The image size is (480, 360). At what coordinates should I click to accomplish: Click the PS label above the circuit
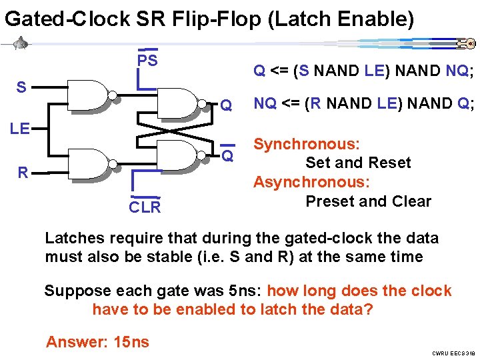[147, 61]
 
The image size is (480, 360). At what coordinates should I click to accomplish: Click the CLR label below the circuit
[145, 207]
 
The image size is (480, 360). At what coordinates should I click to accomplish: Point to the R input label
[23, 173]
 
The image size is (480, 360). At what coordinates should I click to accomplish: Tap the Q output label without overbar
[227, 105]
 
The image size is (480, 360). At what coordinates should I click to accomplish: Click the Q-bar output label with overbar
[227, 156]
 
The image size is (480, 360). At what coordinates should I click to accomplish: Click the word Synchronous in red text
[307, 144]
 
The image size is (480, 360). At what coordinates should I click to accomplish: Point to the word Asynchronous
[311, 182]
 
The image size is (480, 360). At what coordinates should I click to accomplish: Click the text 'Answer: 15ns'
[97, 342]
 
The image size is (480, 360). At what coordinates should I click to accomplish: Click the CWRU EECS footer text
[453, 353]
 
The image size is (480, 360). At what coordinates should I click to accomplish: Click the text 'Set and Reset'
[358, 163]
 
